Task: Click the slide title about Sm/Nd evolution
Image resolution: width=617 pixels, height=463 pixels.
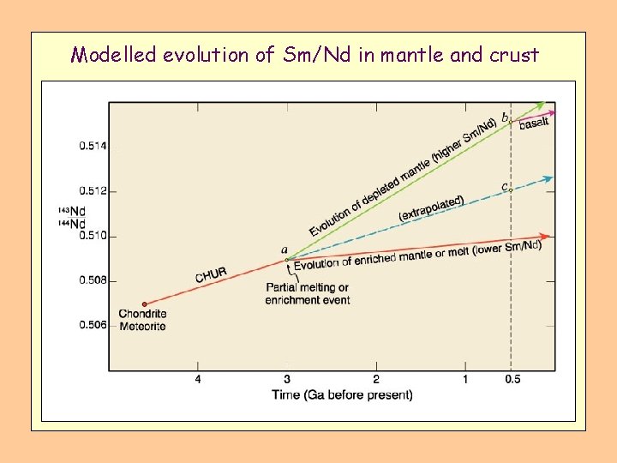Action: pos(305,56)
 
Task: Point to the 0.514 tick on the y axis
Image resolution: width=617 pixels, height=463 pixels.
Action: pos(93,147)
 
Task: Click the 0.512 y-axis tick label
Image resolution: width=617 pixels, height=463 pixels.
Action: pos(93,191)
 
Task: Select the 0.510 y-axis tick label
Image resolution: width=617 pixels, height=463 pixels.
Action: pos(93,236)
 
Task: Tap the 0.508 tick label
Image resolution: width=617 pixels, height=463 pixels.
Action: pos(93,280)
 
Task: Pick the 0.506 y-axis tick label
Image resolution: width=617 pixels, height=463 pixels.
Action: pos(93,325)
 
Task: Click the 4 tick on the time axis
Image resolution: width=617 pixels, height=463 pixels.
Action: pos(198,380)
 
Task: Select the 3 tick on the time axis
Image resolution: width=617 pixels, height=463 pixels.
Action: pos(287,380)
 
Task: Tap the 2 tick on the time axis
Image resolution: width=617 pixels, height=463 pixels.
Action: pos(376,380)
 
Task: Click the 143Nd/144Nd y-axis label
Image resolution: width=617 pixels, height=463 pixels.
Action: pos(72,218)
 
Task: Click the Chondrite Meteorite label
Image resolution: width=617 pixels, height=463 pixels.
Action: pos(143,320)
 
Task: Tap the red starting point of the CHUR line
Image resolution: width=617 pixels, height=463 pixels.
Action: pos(144,304)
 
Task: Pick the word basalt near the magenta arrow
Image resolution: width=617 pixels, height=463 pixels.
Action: pos(534,123)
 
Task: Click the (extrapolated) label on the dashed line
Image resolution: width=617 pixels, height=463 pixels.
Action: pos(431,207)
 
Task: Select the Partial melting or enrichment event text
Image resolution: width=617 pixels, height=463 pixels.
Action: pos(307,293)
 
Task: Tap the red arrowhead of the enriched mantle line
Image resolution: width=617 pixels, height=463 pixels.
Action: pos(545,236)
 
